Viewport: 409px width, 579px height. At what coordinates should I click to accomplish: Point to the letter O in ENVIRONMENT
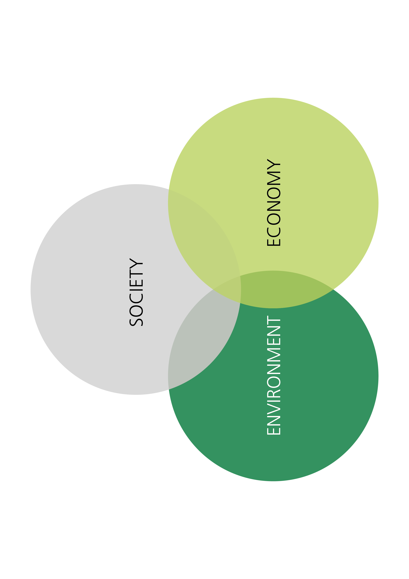coord(273,382)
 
